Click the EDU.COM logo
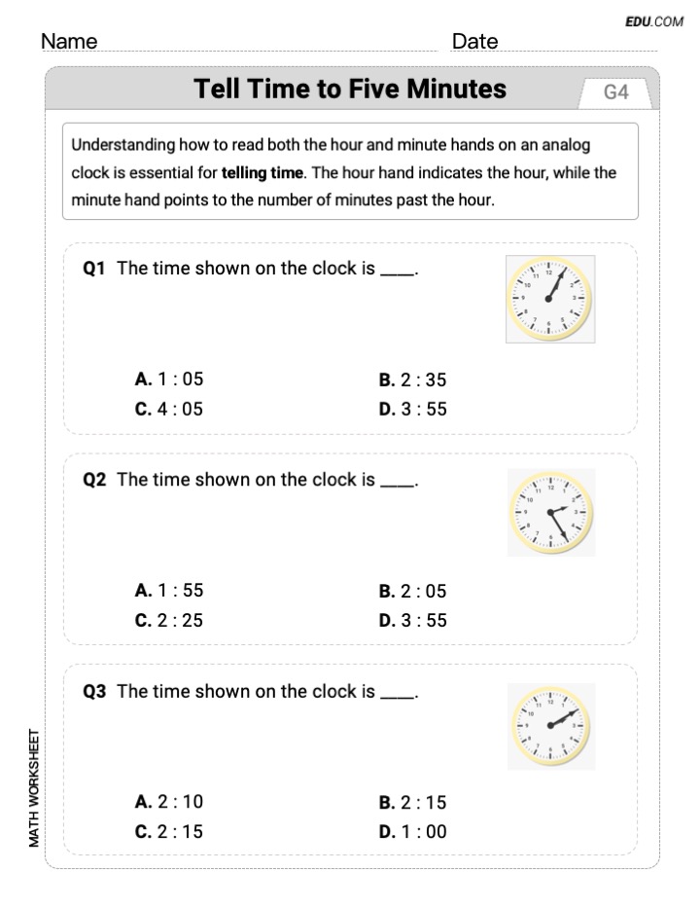click(x=654, y=20)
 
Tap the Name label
click(x=69, y=41)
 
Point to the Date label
click(x=474, y=41)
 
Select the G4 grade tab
click(x=615, y=92)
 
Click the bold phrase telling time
click(x=262, y=174)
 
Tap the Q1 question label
click(x=94, y=269)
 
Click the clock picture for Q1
click(x=549, y=299)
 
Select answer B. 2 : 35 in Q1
click(x=412, y=381)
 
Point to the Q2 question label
click(x=94, y=480)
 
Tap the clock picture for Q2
click(x=550, y=512)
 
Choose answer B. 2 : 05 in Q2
click(x=412, y=591)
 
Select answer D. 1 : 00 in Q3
click(x=412, y=832)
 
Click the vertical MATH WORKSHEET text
click(x=35, y=787)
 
